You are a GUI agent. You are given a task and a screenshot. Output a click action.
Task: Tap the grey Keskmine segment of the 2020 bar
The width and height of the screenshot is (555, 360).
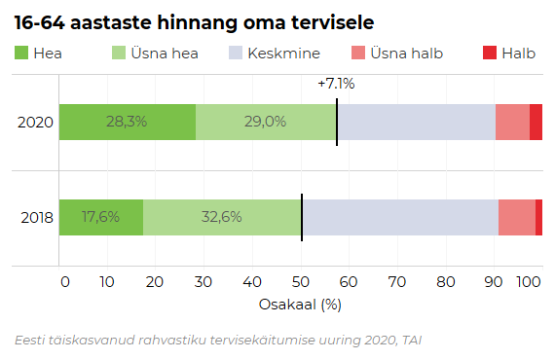416,123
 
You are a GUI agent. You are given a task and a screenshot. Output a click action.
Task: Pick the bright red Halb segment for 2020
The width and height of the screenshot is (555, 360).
536,123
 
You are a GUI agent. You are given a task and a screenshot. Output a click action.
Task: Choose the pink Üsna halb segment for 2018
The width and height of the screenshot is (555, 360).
516,217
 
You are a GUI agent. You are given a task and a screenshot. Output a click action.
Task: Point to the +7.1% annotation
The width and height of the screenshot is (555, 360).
336,84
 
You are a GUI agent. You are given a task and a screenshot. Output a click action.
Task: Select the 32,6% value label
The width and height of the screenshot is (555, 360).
221,217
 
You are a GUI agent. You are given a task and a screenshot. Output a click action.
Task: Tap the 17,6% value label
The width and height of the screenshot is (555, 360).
101,217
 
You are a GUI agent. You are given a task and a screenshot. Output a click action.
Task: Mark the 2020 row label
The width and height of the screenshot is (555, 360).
35,123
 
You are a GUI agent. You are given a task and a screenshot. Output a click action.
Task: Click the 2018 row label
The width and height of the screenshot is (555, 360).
35,217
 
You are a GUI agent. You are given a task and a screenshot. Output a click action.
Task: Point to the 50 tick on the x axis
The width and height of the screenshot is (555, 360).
301,282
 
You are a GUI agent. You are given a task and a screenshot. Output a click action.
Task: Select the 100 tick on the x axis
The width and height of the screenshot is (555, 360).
529,282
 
